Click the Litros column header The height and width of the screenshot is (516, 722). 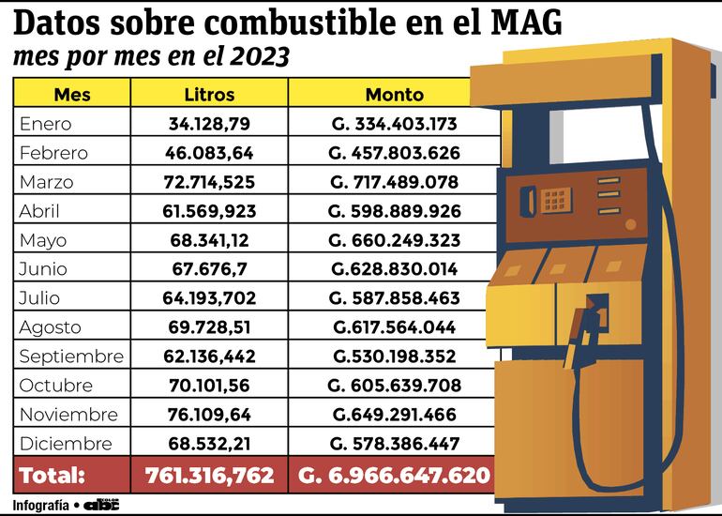(x=209, y=95)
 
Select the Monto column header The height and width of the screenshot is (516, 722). (x=394, y=95)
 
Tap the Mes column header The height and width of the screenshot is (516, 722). (x=72, y=95)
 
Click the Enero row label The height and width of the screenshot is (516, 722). (x=45, y=124)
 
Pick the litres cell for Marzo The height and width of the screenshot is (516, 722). (x=209, y=182)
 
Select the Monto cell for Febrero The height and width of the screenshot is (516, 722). (x=395, y=153)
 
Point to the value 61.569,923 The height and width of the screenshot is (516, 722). (x=209, y=211)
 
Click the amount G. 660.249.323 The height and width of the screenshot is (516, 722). (x=395, y=240)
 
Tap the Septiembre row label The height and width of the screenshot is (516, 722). (x=71, y=357)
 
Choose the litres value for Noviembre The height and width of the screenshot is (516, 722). (x=209, y=415)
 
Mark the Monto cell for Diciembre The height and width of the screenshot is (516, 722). (x=395, y=444)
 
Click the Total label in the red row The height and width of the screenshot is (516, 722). (x=53, y=476)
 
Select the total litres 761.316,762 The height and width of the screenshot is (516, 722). (x=209, y=476)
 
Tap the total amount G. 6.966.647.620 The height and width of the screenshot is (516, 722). (x=395, y=476)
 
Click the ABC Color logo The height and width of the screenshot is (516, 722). (x=101, y=504)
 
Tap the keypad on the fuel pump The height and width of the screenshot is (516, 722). (x=554, y=199)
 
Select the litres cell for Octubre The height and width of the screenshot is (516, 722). (x=209, y=386)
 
